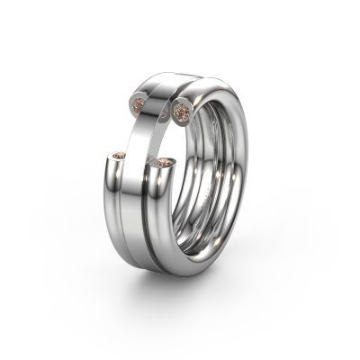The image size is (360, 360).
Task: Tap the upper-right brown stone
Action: [x=181, y=111]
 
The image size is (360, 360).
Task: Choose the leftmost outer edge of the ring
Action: [x=101, y=180]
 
